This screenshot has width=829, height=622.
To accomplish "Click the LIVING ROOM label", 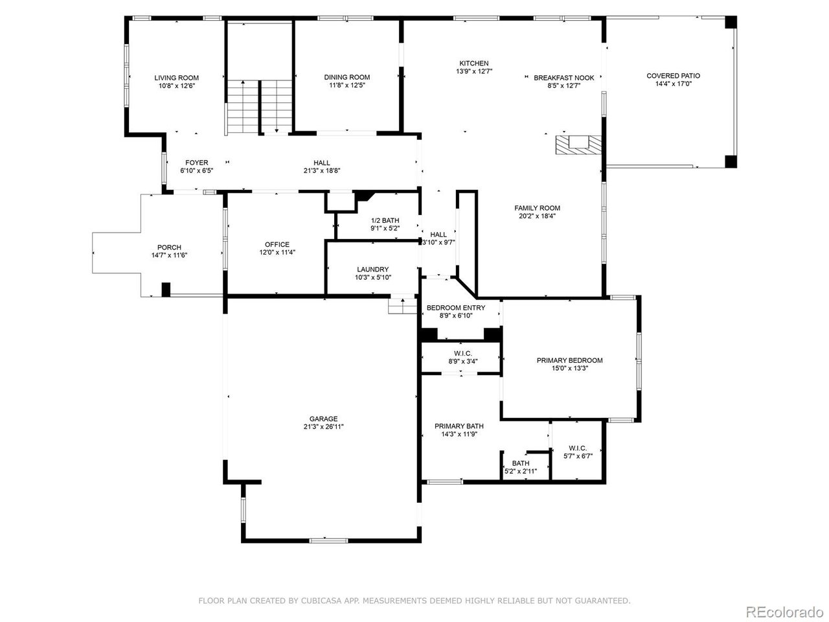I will tap(176, 78).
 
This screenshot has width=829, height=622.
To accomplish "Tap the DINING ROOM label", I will tap(347, 77).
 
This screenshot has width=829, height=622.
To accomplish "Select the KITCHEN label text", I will tap(474, 63).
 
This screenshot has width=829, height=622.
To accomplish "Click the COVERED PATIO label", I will tap(673, 76).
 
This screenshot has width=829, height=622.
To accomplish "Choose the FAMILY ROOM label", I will tap(537, 208).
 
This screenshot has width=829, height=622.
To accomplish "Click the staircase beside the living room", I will tap(259, 107).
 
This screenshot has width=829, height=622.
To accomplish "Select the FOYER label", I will tap(196, 163).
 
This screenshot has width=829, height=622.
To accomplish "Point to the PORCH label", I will tap(169, 248).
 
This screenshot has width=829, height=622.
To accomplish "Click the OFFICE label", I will tap(277, 244).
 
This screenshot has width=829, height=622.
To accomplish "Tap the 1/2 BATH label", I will tap(385, 220).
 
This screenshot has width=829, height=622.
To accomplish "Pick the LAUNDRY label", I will tap(372, 270).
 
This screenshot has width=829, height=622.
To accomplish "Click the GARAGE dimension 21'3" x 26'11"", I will tap(323, 427).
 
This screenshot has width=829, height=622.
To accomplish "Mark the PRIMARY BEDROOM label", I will tap(569, 360).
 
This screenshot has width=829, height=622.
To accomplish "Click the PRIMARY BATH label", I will tap(459, 426).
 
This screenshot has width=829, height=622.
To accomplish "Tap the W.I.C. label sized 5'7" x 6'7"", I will tap(578, 448).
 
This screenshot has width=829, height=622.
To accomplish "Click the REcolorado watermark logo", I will tap(784, 611).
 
